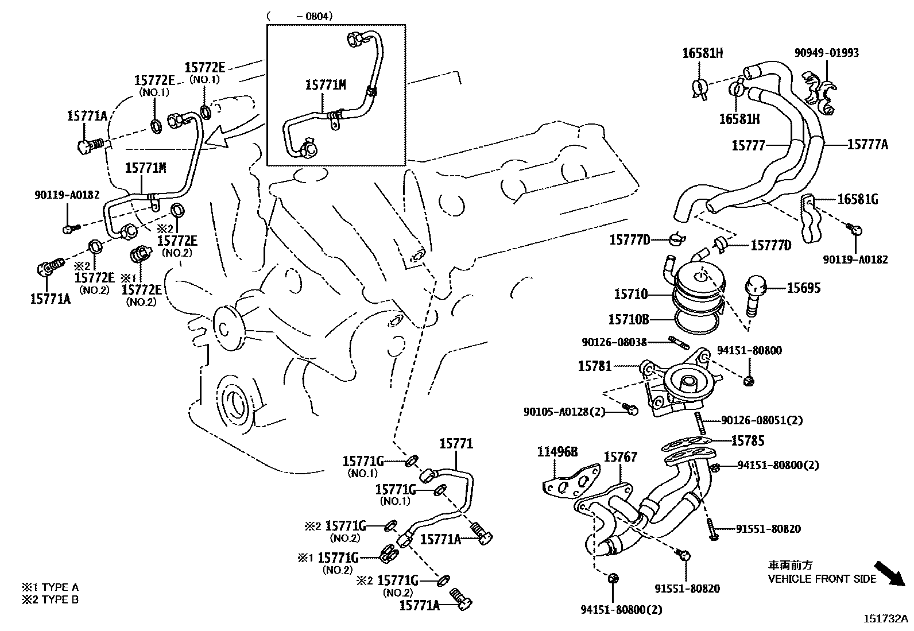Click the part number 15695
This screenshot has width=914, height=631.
803,288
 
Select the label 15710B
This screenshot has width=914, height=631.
628,319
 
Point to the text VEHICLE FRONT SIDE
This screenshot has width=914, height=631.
822,579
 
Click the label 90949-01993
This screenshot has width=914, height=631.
827,53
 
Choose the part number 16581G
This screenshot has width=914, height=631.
858,199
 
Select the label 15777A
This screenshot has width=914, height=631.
867,144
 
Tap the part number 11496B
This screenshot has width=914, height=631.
557,452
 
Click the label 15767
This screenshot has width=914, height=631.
620,457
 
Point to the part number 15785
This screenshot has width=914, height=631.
748,441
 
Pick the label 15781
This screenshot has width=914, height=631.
594,366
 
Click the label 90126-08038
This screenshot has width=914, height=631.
614,342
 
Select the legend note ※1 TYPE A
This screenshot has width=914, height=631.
50,587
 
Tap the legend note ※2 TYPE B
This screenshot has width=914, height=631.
50,600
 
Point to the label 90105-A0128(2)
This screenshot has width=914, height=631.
564,412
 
